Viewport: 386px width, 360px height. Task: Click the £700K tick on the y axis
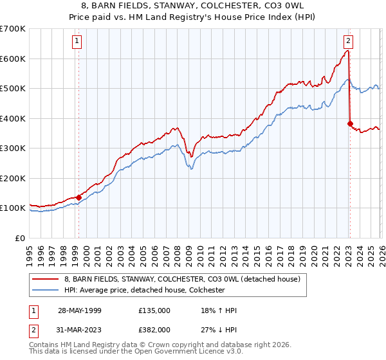(x=13, y=29)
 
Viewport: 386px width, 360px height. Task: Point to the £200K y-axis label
(x=13, y=178)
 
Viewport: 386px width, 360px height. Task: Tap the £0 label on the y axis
(x=20, y=238)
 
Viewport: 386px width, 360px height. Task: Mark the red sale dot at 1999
(x=79, y=197)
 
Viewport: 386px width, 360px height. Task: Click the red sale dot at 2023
(x=350, y=124)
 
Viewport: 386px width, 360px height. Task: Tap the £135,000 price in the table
(x=154, y=310)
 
